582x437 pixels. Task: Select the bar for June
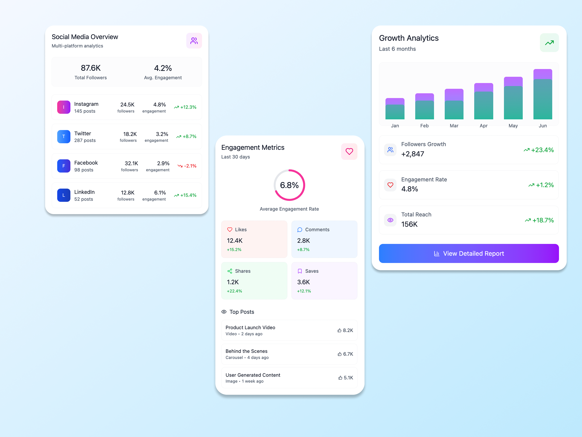(x=543, y=94)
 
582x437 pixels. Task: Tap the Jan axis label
(x=395, y=126)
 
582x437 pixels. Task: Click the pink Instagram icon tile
(x=64, y=107)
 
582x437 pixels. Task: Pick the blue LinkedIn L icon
(x=64, y=195)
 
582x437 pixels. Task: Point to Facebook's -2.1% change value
(x=190, y=166)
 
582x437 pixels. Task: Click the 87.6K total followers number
(x=91, y=68)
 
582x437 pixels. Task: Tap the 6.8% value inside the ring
(x=289, y=185)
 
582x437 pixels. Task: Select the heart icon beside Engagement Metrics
(x=349, y=151)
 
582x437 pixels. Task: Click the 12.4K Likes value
(x=234, y=241)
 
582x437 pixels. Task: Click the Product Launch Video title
(x=250, y=327)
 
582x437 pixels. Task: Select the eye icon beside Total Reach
(x=390, y=220)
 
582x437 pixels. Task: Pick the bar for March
(x=454, y=104)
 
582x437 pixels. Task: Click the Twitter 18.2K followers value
(x=130, y=134)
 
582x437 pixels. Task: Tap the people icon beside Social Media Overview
(x=194, y=41)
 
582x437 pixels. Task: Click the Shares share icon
(x=230, y=271)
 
